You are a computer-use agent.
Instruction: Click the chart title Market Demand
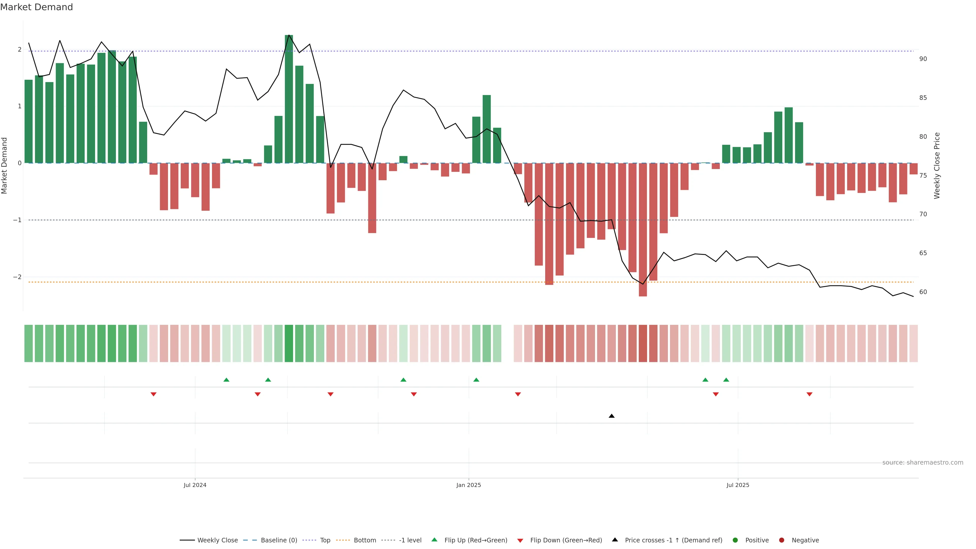36,7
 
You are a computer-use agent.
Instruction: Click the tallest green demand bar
289,99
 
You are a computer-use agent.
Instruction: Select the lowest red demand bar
643,229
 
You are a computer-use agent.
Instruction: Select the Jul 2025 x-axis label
738,485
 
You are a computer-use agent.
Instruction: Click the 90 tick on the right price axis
923,59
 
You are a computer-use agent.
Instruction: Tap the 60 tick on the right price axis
923,292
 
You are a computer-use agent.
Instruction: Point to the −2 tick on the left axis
18,277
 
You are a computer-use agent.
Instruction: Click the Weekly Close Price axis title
937,165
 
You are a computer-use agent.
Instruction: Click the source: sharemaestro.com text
923,463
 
